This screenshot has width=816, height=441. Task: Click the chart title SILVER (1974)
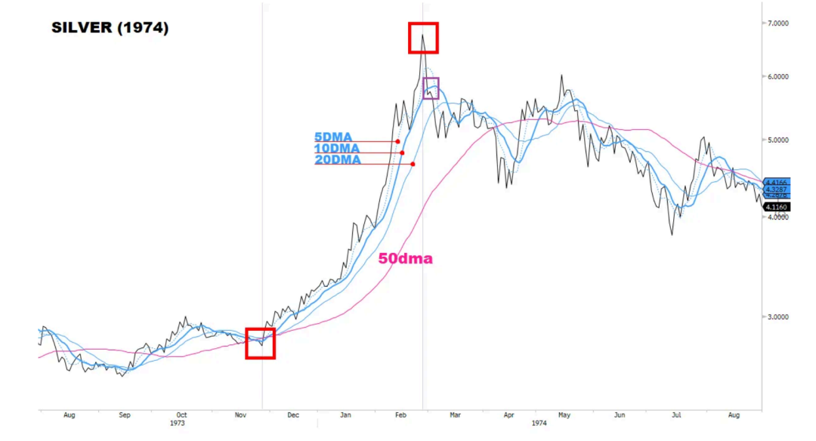point(110,29)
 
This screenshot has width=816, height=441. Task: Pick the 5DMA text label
point(333,137)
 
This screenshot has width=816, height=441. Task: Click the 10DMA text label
point(336,149)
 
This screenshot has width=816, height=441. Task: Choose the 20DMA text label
point(337,160)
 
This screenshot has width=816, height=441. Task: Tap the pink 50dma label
point(405,258)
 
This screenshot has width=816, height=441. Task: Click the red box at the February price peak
point(423,38)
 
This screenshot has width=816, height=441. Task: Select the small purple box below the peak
point(431,88)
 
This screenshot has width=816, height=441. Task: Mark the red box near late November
point(261,344)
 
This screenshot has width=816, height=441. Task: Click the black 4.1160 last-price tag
point(777,206)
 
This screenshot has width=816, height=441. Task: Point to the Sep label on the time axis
point(125,415)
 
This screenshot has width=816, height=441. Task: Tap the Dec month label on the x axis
point(292,415)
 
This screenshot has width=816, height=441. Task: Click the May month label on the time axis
point(564,415)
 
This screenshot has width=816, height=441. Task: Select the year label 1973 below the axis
point(178,424)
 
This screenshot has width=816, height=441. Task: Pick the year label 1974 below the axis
point(538,424)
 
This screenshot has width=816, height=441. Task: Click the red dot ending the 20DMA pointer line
point(413,164)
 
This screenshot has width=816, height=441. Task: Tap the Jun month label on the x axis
point(620,415)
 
